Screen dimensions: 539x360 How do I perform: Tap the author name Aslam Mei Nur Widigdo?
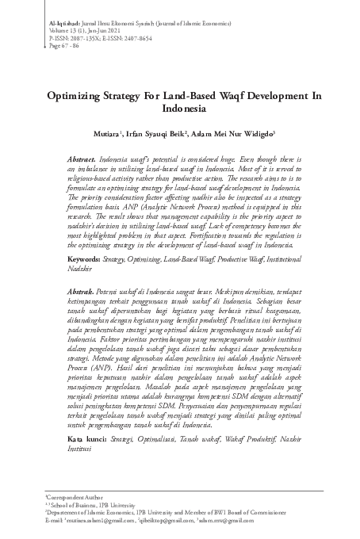pyautogui.click(x=239, y=132)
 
